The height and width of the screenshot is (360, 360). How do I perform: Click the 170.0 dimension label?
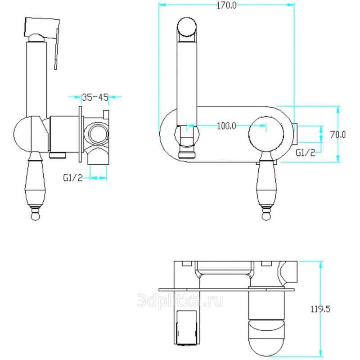point(227,5)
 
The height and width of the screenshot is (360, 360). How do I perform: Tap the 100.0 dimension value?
point(226,126)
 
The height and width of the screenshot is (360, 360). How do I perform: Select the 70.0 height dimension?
point(337,135)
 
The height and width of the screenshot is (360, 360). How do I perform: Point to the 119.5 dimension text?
point(320,309)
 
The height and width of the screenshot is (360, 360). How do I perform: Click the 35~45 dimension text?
point(95,97)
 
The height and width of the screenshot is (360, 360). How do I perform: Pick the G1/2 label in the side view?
point(73,178)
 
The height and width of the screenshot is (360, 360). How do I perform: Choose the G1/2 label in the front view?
point(306,153)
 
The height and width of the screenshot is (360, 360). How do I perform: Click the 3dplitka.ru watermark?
point(180,300)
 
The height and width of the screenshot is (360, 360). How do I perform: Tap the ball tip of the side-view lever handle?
point(36,216)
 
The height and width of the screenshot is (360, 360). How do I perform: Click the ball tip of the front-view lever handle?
point(266,216)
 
